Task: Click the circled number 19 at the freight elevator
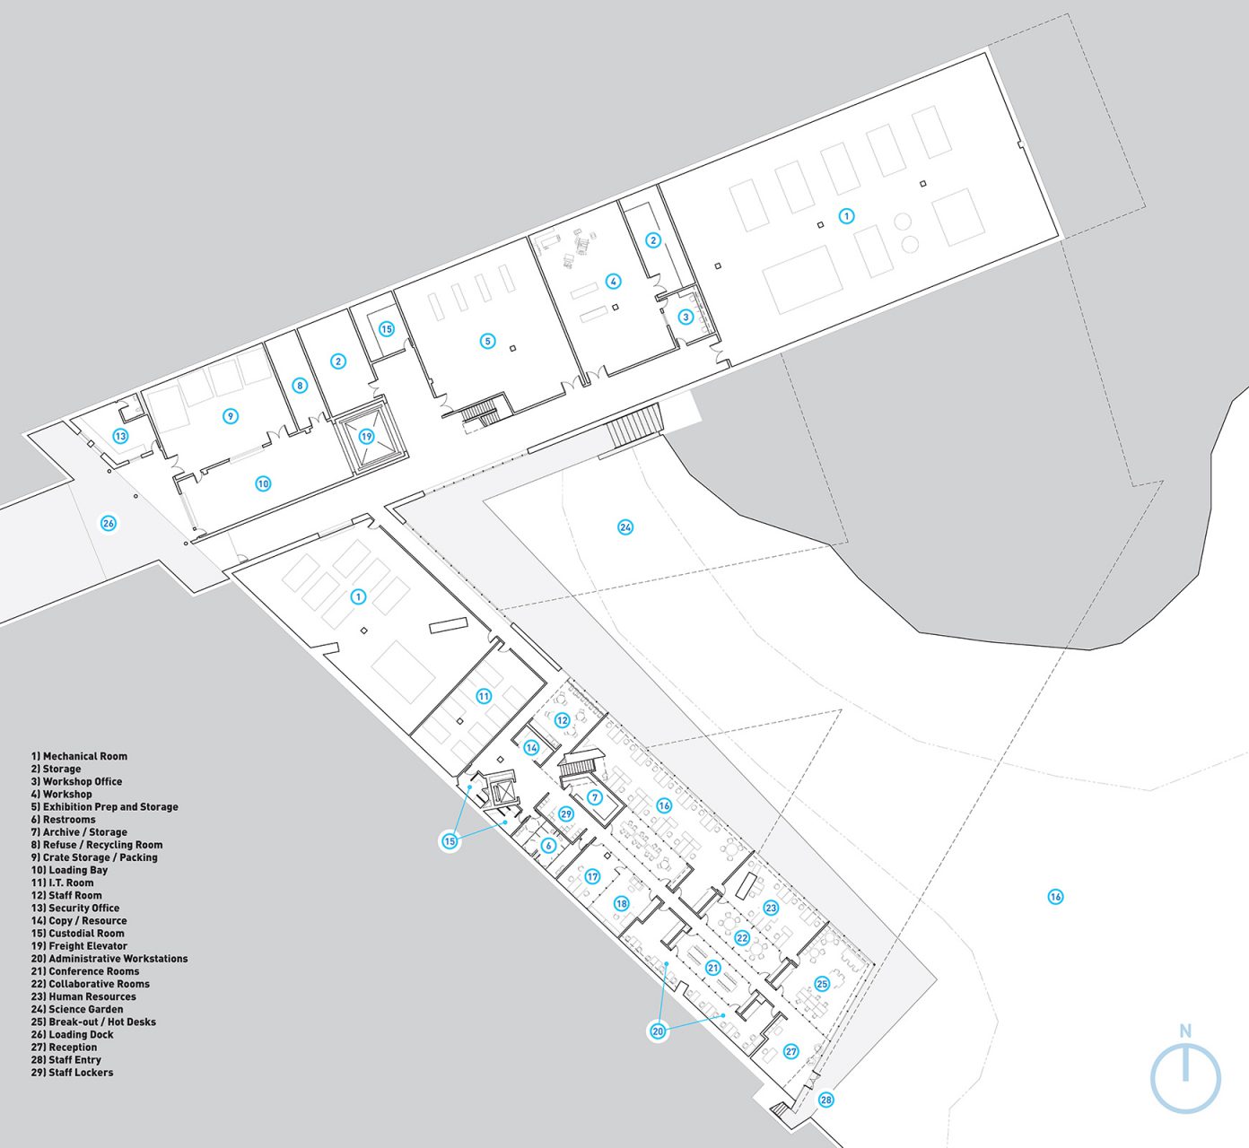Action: (x=366, y=437)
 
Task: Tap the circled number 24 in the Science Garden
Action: (x=625, y=527)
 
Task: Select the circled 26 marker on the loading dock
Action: (x=109, y=523)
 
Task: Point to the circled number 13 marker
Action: (x=120, y=436)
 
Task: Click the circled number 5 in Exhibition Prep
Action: (x=487, y=341)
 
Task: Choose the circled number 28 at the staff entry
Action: (x=825, y=1100)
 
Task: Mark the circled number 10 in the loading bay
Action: (x=263, y=483)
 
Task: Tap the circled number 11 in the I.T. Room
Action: (x=484, y=696)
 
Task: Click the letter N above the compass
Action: (x=1185, y=1031)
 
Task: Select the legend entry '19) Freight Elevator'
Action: (x=79, y=945)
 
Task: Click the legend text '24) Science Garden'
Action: (x=77, y=1009)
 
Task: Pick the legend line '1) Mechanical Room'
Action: (x=79, y=756)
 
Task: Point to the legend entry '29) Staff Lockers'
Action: (x=72, y=1072)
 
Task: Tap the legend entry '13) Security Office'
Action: (x=75, y=908)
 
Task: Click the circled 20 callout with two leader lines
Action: (x=658, y=1031)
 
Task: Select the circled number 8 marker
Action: (x=300, y=386)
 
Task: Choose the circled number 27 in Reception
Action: (x=790, y=1051)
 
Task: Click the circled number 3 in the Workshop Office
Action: (x=686, y=317)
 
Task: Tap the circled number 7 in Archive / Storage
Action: (x=595, y=797)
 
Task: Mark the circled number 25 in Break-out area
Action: (x=822, y=984)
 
